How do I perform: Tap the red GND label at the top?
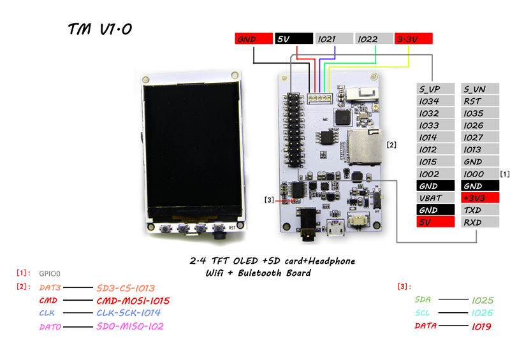[x=253, y=39]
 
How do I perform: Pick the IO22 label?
[x=374, y=39]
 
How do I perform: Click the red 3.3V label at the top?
[x=414, y=39]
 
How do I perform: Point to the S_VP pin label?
[x=437, y=89]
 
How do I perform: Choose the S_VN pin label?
[x=481, y=89]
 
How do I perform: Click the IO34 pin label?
[x=437, y=101]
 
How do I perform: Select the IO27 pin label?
[x=481, y=137]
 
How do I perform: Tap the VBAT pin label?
[x=437, y=198]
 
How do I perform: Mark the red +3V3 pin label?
[x=481, y=198]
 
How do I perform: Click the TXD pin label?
[x=481, y=210]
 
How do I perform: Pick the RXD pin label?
[x=481, y=222]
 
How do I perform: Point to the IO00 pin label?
[x=481, y=174]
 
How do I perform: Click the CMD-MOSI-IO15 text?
[x=133, y=301]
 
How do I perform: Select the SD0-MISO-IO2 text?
[x=130, y=326]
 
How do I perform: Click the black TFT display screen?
[x=188, y=149]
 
